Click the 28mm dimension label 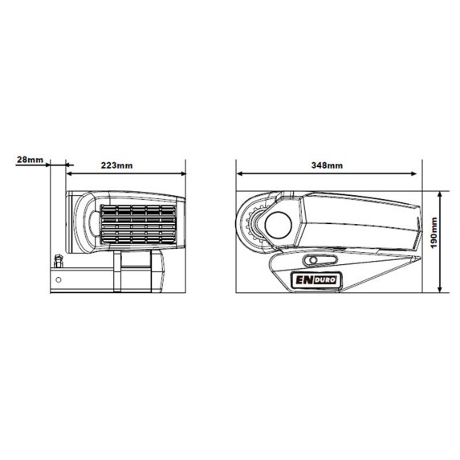coord(30,160)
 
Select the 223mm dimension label coord(116,165)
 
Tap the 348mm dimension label coord(327,165)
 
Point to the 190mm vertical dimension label coord(434,232)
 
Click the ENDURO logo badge coord(316,280)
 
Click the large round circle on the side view coord(278,225)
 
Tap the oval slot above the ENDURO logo coord(320,260)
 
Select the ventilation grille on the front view coord(138,224)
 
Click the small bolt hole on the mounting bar coord(59,280)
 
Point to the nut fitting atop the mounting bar coord(59,261)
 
